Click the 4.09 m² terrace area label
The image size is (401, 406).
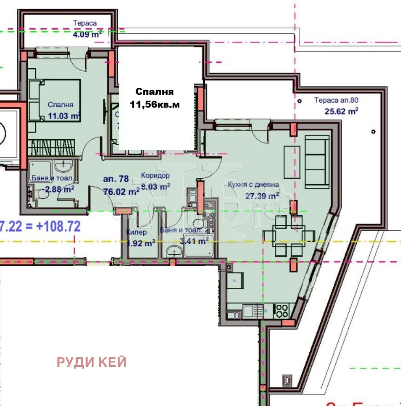[x=87, y=34]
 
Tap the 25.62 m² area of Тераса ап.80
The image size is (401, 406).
[x=341, y=111]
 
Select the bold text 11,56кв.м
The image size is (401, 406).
[x=154, y=104]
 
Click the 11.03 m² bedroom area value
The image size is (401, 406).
[x=64, y=116]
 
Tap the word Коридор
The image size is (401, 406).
[x=155, y=176]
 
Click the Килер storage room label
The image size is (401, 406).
[x=136, y=232]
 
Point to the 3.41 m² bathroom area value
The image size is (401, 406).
[x=194, y=242]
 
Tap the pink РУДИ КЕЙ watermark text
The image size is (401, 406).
[x=92, y=362]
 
